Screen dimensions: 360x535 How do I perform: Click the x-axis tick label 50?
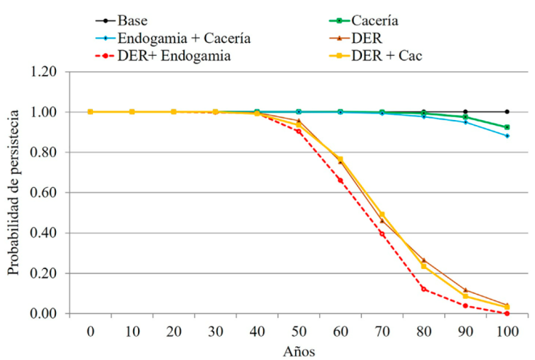(x=298, y=332)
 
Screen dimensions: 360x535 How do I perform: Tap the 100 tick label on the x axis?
(x=507, y=332)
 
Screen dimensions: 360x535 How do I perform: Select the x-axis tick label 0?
(x=90, y=332)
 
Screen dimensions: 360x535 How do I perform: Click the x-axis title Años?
(x=298, y=350)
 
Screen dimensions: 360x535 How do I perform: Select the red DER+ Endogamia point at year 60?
(x=340, y=180)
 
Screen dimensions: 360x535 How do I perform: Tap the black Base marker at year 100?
(x=507, y=112)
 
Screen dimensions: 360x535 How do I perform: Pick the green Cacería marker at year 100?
(x=507, y=127)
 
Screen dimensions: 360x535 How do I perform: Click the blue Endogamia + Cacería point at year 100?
(x=507, y=136)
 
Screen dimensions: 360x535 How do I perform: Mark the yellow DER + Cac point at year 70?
(x=382, y=215)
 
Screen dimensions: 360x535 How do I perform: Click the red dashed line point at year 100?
(x=507, y=313)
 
